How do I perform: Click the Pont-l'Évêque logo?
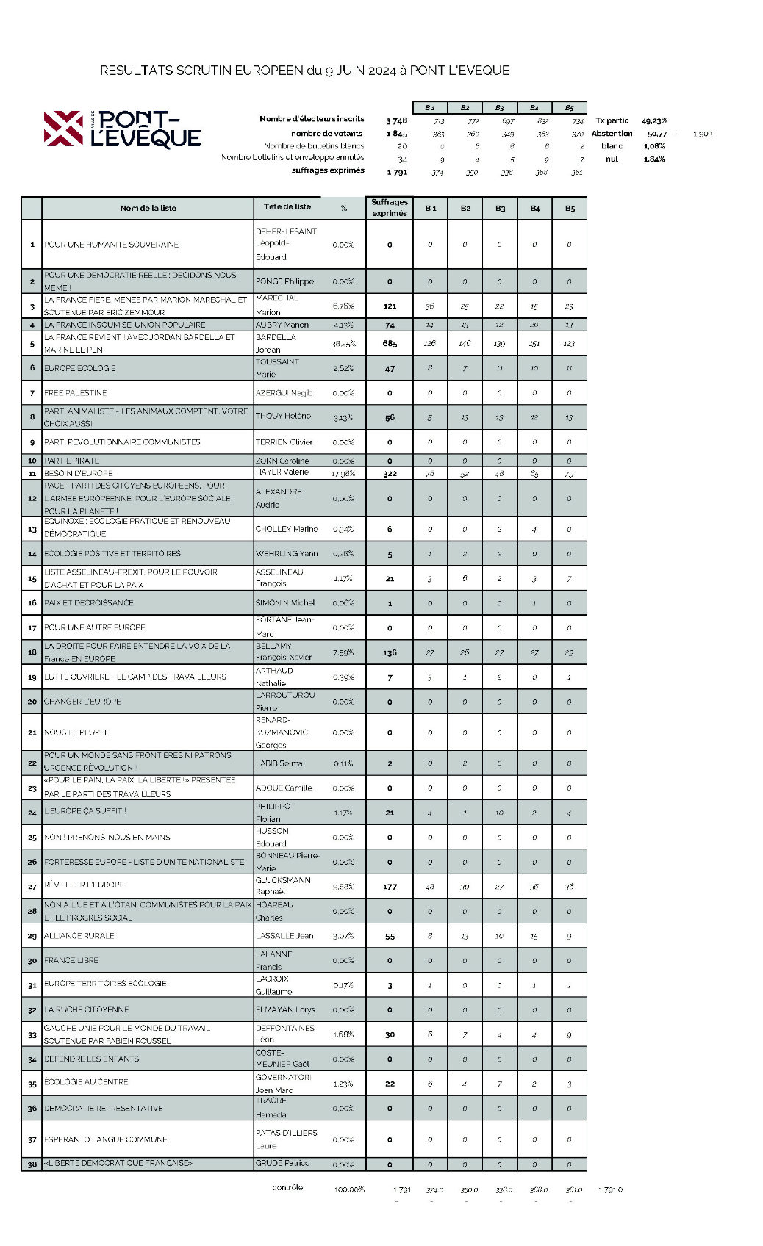pos(122,129)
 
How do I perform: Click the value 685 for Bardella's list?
pos(390,344)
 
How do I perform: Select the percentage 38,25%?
pos(343,344)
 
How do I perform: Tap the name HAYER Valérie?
pos(282,472)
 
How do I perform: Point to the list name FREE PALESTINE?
pos(76,393)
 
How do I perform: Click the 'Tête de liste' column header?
pos(287,207)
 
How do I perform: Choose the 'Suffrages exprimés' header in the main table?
pos(390,208)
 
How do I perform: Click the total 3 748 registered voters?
pos(396,120)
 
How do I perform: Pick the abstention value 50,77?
pos(657,134)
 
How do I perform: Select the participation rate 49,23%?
pos(654,120)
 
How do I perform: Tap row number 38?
pos(32,1164)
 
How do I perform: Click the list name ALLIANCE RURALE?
pos(79,936)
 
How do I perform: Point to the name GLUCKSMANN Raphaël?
pos(283,885)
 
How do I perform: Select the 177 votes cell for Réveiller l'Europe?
pos(390,887)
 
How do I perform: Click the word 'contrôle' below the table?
pos(287,1188)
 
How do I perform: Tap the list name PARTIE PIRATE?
pos(71,461)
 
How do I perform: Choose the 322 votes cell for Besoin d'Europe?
pos(390,474)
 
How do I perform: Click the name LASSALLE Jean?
pos(284,936)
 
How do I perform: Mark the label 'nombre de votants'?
pos(326,134)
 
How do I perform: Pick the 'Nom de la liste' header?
pos(148,208)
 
